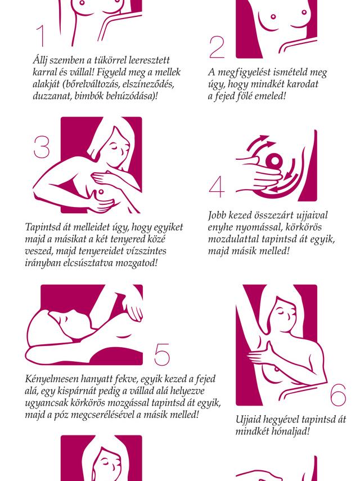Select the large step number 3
pyautogui.click(x=42, y=147)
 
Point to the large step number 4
pyautogui.click(x=217, y=187)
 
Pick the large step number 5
pyautogui.click(x=161, y=354)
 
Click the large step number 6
pyautogui.click(x=339, y=395)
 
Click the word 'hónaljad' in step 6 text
pyautogui.click(x=291, y=431)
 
